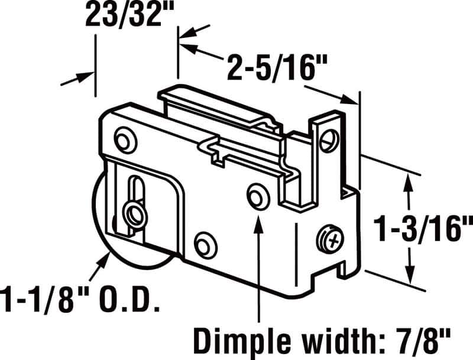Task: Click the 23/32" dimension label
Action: (x=124, y=16)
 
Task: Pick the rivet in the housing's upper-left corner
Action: (x=125, y=141)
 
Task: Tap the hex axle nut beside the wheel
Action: (x=131, y=214)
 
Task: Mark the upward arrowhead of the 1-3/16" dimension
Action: (x=407, y=180)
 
